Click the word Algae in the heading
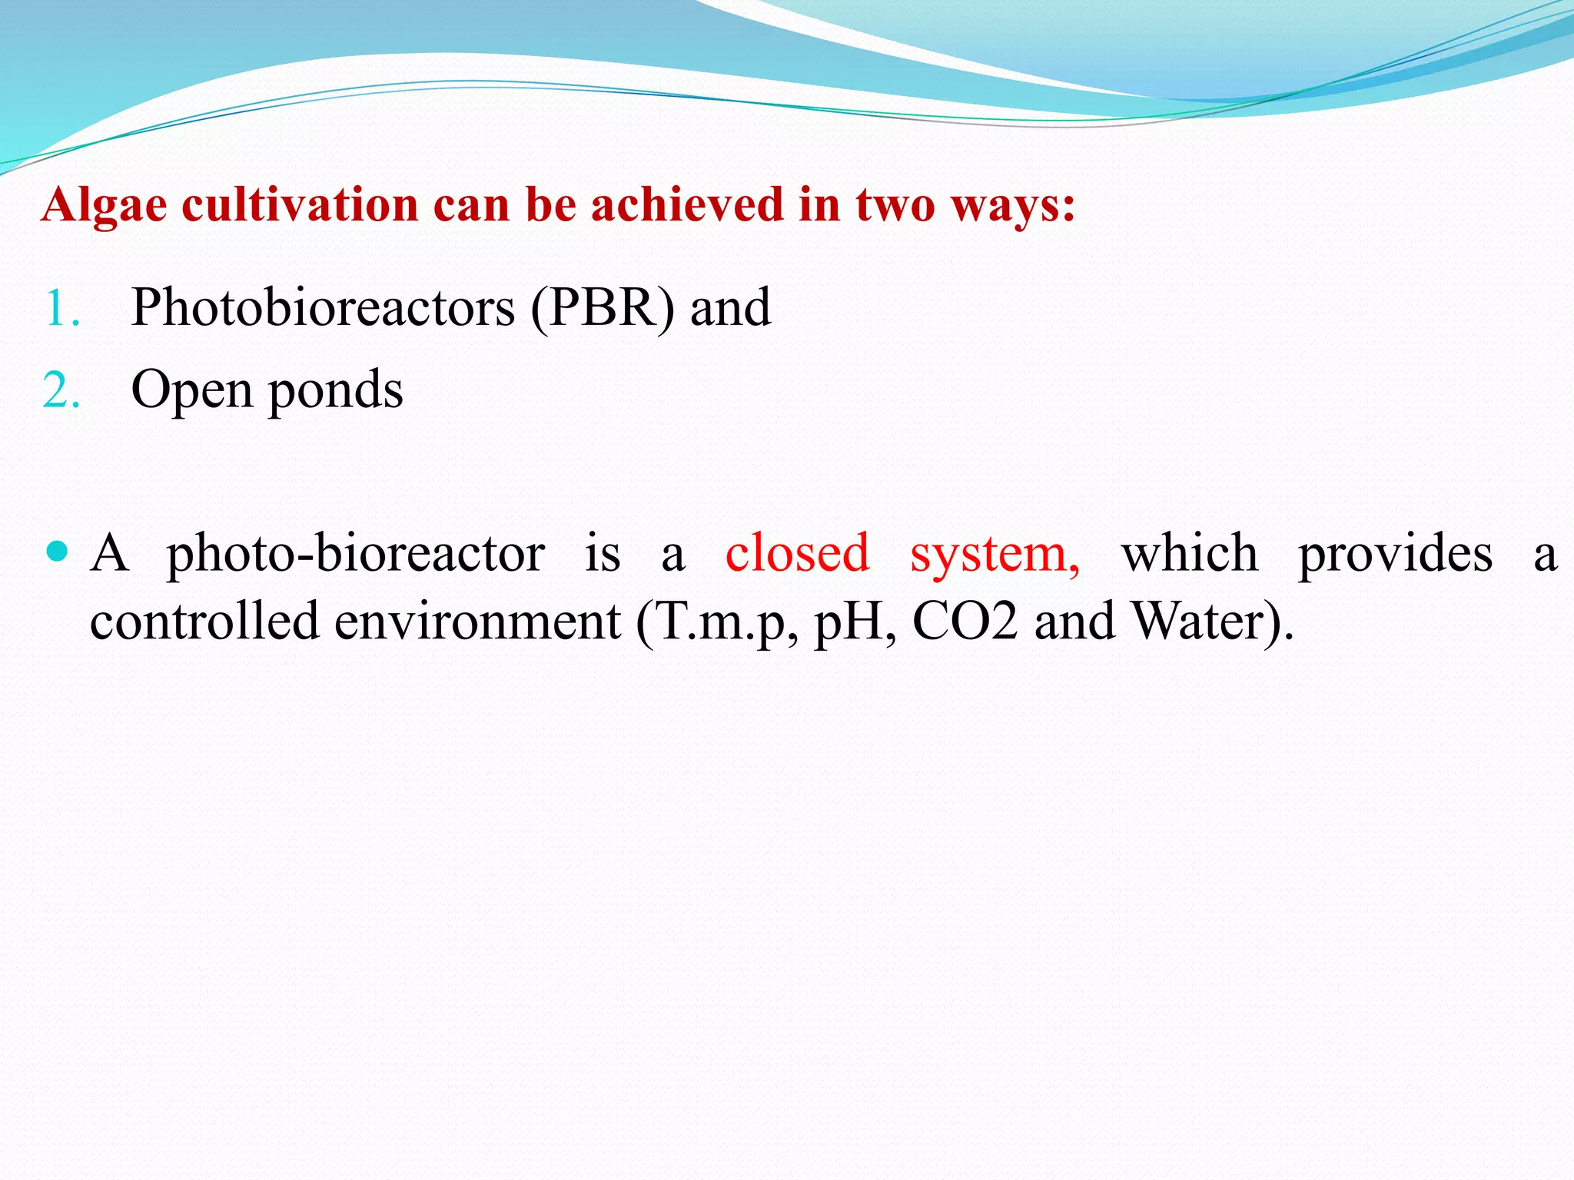(x=104, y=206)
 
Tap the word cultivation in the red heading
(x=300, y=206)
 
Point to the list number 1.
(x=61, y=310)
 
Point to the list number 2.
(x=61, y=391)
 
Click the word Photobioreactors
(x=323, y=308)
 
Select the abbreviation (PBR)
(x=603, y=308)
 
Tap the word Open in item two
(x=191, y=390)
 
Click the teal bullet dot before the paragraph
(x=58, y=552)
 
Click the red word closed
(x=797, y=553)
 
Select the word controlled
(x=204, y=621)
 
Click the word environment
(x=477, y=621)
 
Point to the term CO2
(x=964, y=621)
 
